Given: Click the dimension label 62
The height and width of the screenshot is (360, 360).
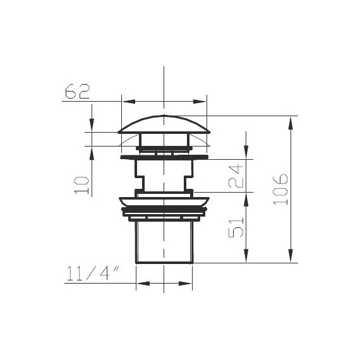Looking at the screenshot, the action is pos(78,92).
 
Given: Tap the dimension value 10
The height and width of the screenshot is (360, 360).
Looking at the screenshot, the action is pos(81,185).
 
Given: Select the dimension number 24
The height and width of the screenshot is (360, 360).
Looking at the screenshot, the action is pos(236,176).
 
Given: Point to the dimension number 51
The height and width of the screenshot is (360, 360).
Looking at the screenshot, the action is pos(236,227).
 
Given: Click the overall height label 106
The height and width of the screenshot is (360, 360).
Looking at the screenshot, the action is pos(280,189).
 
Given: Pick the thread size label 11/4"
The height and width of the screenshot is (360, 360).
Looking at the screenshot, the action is pos(93,273).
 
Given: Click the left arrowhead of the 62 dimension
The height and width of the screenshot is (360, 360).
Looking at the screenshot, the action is pos(129,102).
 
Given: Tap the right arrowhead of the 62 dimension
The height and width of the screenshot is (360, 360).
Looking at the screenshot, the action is pos(200,102).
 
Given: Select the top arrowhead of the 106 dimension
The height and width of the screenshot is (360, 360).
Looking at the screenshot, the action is pos(291,124).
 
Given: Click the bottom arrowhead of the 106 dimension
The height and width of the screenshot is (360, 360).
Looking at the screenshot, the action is pos(291,256).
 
